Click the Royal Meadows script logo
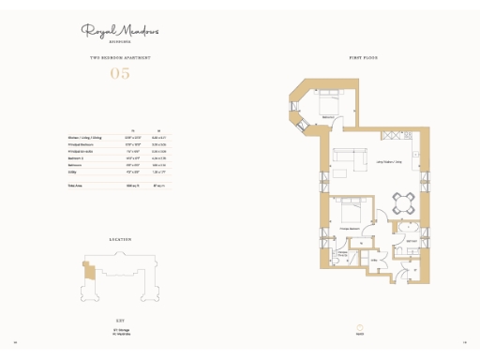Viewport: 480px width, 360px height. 120,31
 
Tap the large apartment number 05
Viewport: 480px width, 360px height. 120,72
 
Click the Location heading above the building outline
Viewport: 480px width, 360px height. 120,241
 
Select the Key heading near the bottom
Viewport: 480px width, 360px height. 120,320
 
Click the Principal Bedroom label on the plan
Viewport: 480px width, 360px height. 351,229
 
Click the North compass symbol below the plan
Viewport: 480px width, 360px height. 360,325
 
